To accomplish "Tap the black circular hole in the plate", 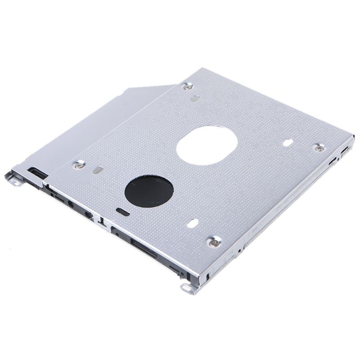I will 149,191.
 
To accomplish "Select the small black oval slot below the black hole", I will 122,211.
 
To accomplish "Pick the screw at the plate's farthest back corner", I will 189,86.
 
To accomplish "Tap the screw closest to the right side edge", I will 319,148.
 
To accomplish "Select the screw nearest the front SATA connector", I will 214,242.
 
